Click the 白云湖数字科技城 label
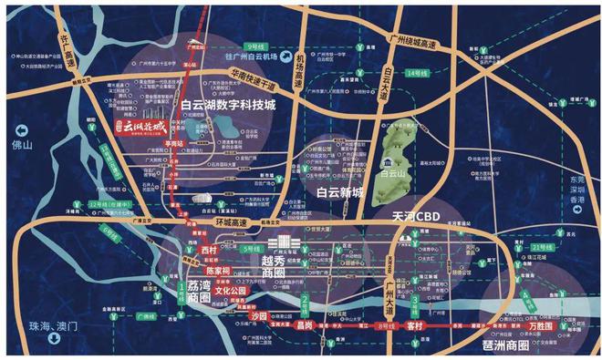point(241,106)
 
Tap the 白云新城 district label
point(339,192)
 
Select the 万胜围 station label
point(544,324)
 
